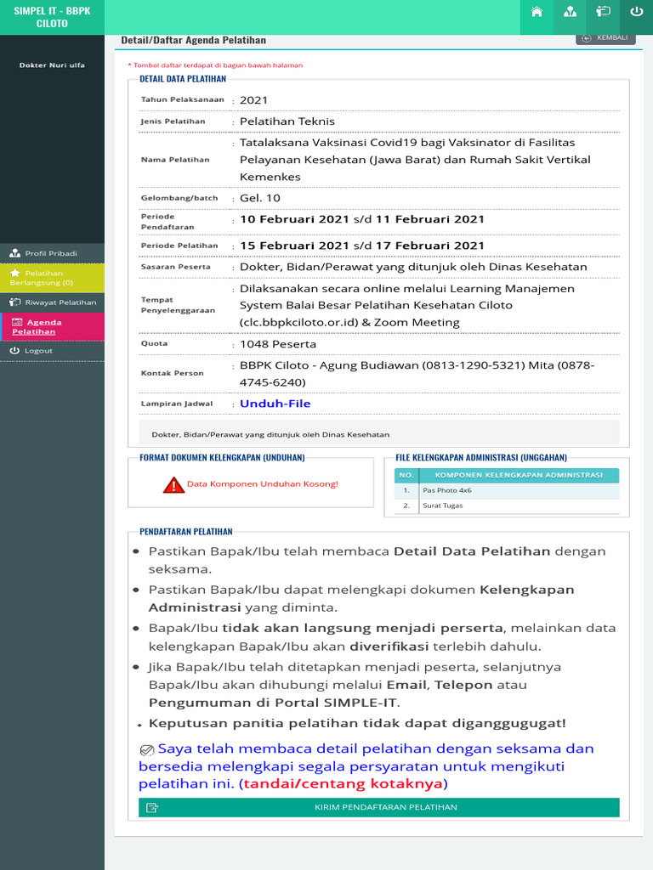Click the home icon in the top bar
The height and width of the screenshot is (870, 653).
(537, 12)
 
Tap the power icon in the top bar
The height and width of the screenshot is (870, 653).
(636, 12)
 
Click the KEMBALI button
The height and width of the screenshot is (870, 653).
(605, 37)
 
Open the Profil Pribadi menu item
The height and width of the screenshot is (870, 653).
(51, 253)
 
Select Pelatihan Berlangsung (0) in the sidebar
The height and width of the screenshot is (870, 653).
(51, 278)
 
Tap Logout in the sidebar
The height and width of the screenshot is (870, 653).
(38, 351)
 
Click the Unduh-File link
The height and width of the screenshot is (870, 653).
(275, 404)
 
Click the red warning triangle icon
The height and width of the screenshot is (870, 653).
(173, 485)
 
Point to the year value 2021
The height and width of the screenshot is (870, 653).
(253, 100)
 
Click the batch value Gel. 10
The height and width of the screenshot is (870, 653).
(259, 198)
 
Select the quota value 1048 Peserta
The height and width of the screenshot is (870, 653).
(277, 344)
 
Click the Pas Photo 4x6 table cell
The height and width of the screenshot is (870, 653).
(446, 490)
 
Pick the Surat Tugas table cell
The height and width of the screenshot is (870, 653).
(443, 506)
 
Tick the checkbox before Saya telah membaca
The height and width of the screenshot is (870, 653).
(146, 749)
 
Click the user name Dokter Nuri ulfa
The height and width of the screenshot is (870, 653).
(52, 65)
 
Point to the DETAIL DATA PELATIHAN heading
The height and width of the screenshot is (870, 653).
(183, 79)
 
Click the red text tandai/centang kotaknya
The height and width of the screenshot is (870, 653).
(343, 783)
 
